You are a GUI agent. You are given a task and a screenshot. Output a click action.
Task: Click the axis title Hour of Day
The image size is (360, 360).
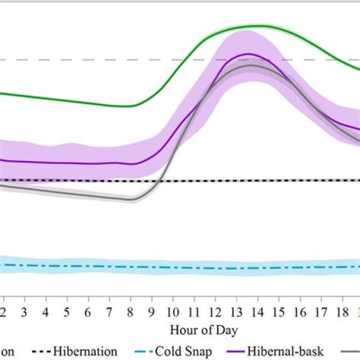pyautogui.click(x=203, y=330)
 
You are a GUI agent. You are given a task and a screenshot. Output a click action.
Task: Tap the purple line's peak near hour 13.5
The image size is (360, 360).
pyautogui.click(x=248, y=53)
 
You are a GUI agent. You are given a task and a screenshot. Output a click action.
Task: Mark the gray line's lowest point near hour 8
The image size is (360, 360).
pyautogui.click(x=131, y=199)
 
